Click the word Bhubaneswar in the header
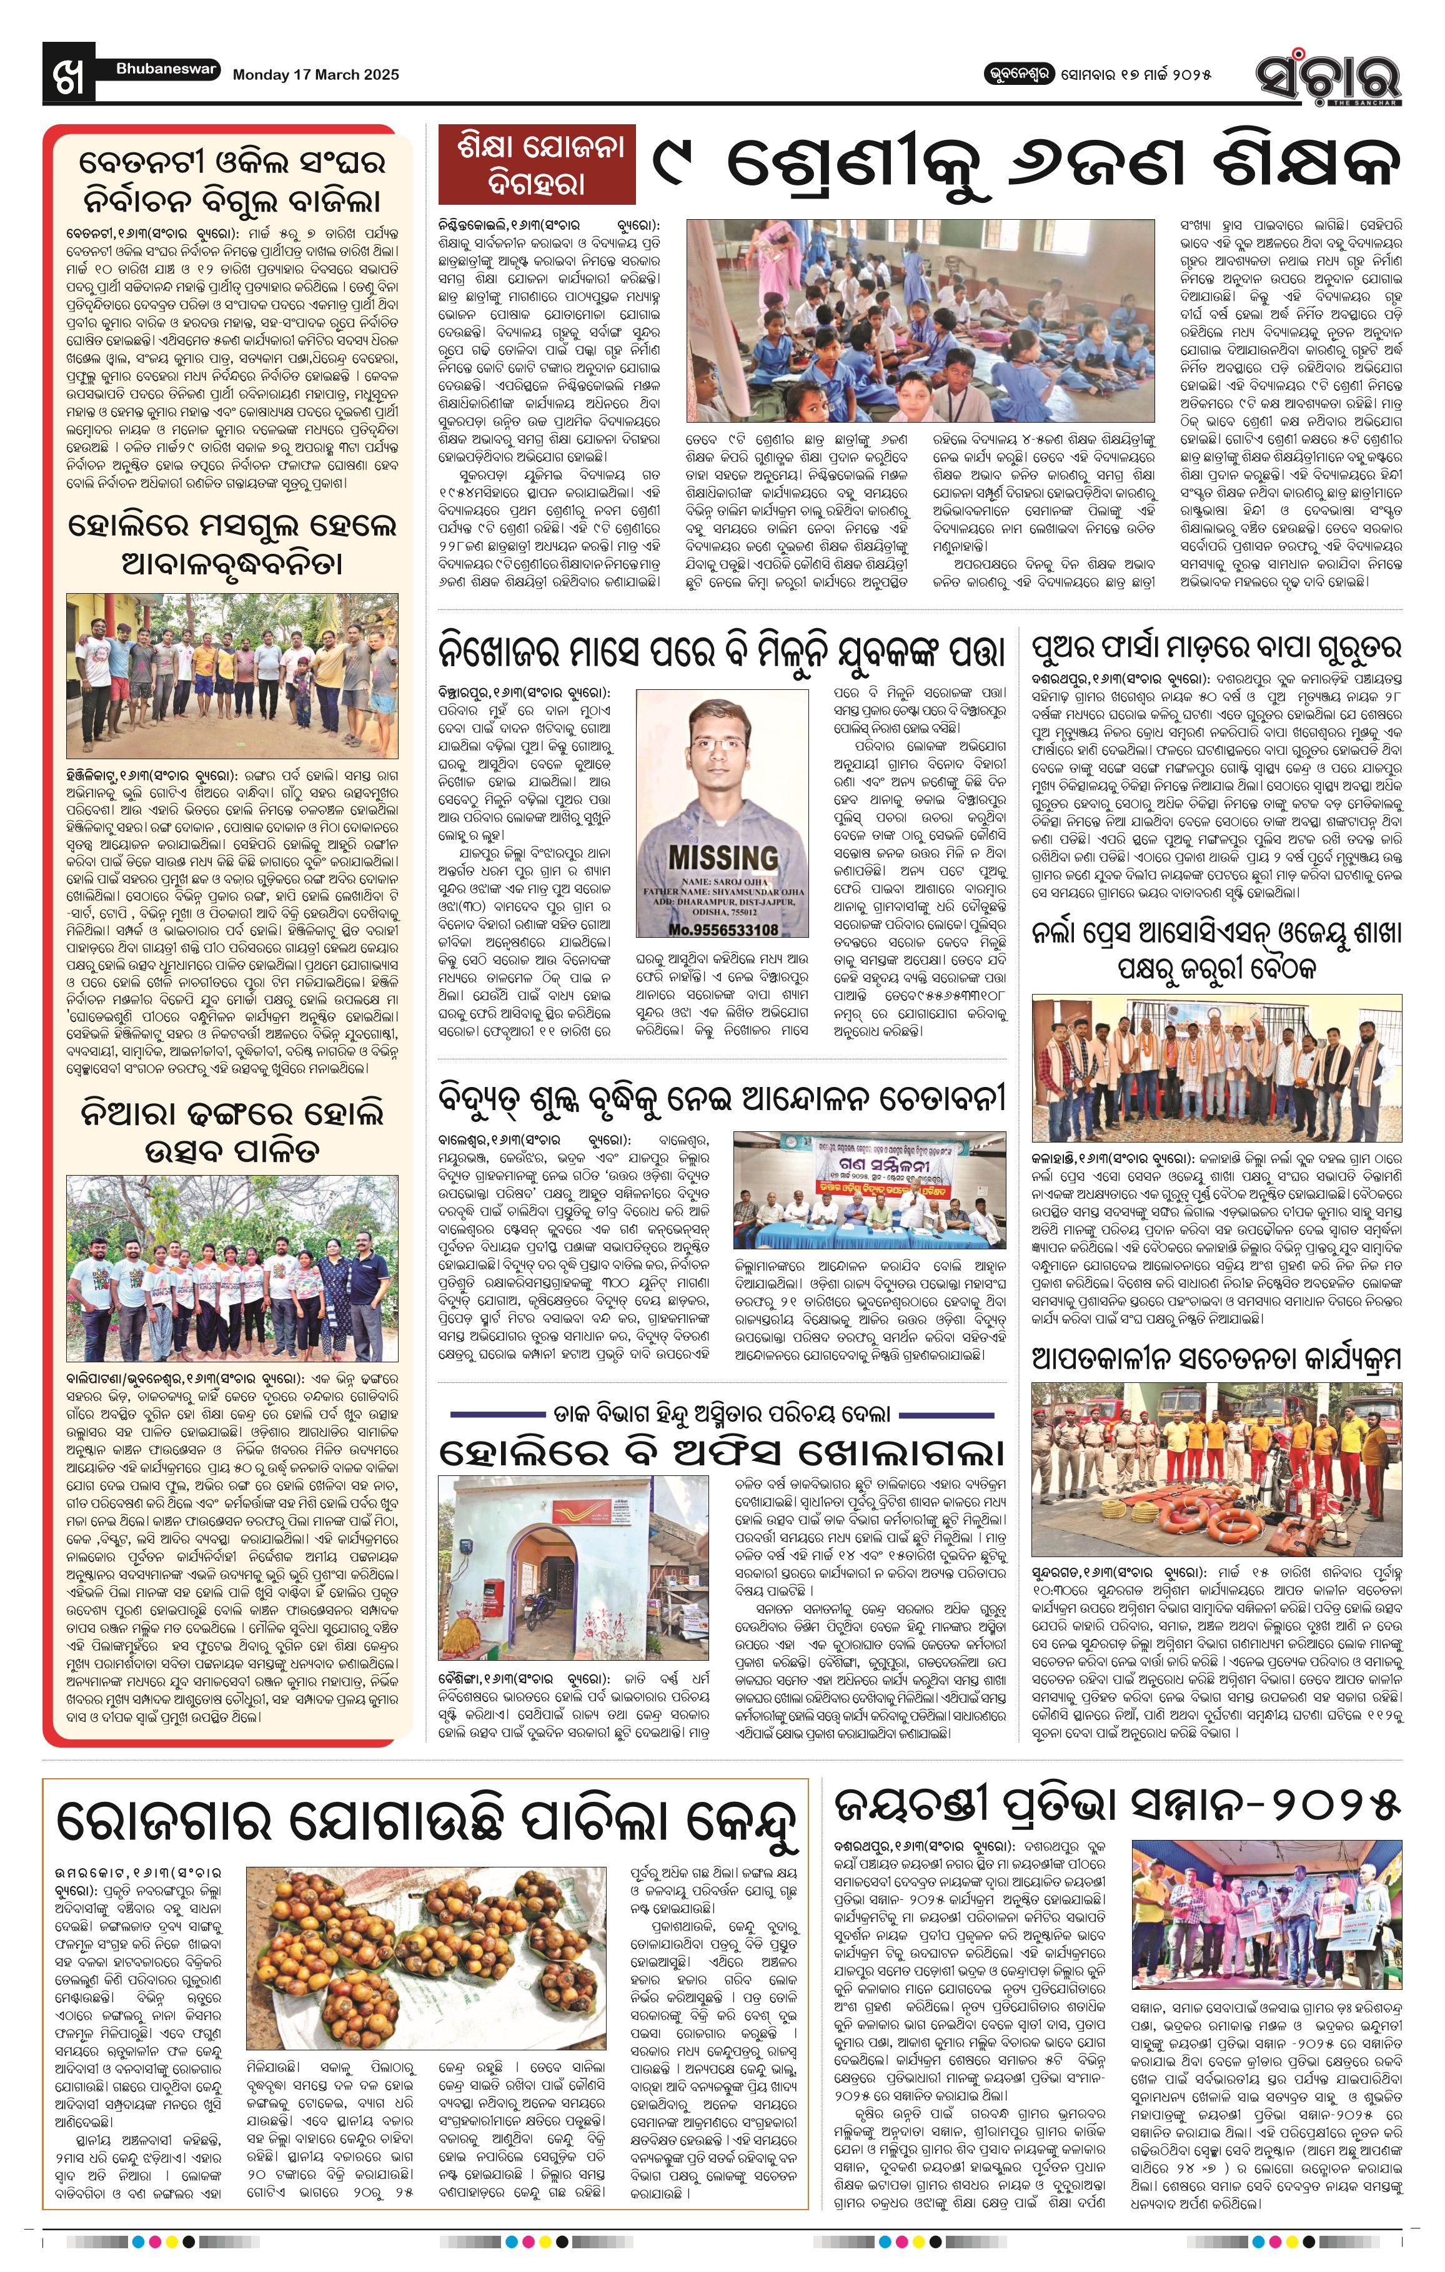167,69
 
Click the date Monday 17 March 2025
315,74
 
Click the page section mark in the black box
69,72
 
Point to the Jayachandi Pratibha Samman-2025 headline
1116,1806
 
